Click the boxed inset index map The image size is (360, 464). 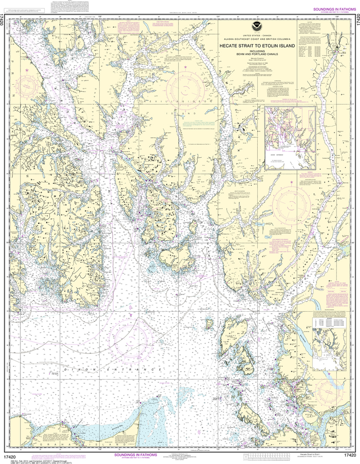(x=290, y=138)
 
